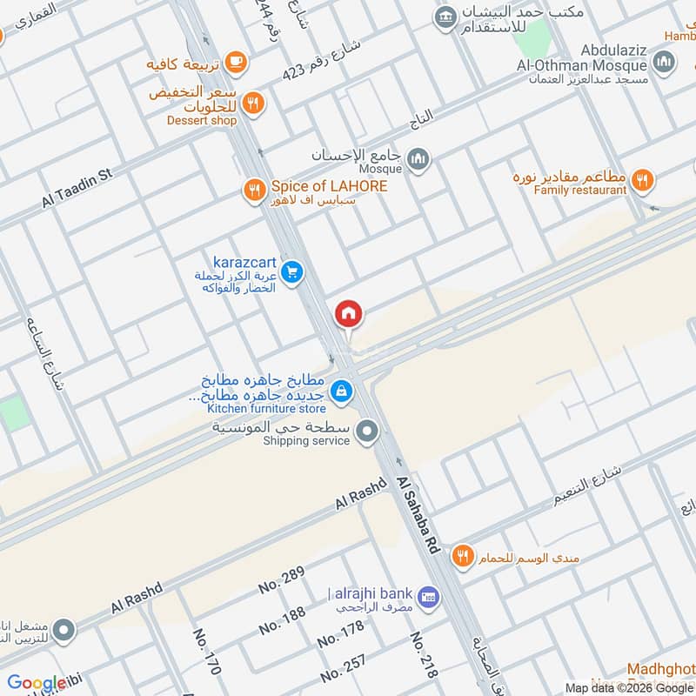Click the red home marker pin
[x=349, y=314]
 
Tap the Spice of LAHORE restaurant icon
[x=254, y=189]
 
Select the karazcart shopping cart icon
[x=293, y=273]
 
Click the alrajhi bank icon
[x=427, y=597]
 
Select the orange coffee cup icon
[x=235, y=62]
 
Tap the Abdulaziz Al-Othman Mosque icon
[x=664, y=62]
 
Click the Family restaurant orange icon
[x=642, y=180]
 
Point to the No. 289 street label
[x=281, y=580]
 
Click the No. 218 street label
[x=423, y=655]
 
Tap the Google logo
[x=37, y=683]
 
